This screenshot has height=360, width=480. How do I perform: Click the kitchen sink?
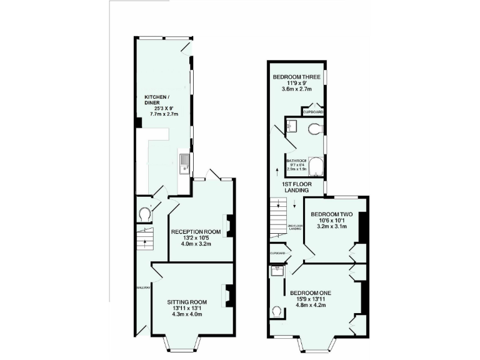click(x=184, y=164)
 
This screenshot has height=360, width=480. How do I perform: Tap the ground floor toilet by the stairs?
click(x=146, y=214)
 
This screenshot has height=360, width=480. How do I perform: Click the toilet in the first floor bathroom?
click(x=316, y=129)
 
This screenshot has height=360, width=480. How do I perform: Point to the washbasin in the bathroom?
click(x=292, y=127)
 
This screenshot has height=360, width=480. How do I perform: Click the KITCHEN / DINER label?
click(x=157, y=100)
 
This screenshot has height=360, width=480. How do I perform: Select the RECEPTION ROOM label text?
click(x=196, y=231)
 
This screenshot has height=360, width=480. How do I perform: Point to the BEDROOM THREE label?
click(x=296, y=77)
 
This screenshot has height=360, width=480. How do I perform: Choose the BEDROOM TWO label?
click(x=332, y=214)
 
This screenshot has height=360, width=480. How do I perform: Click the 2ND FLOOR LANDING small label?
click(x=295, y=227)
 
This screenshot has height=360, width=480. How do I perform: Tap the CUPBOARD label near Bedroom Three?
click(x=312, y=112)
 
